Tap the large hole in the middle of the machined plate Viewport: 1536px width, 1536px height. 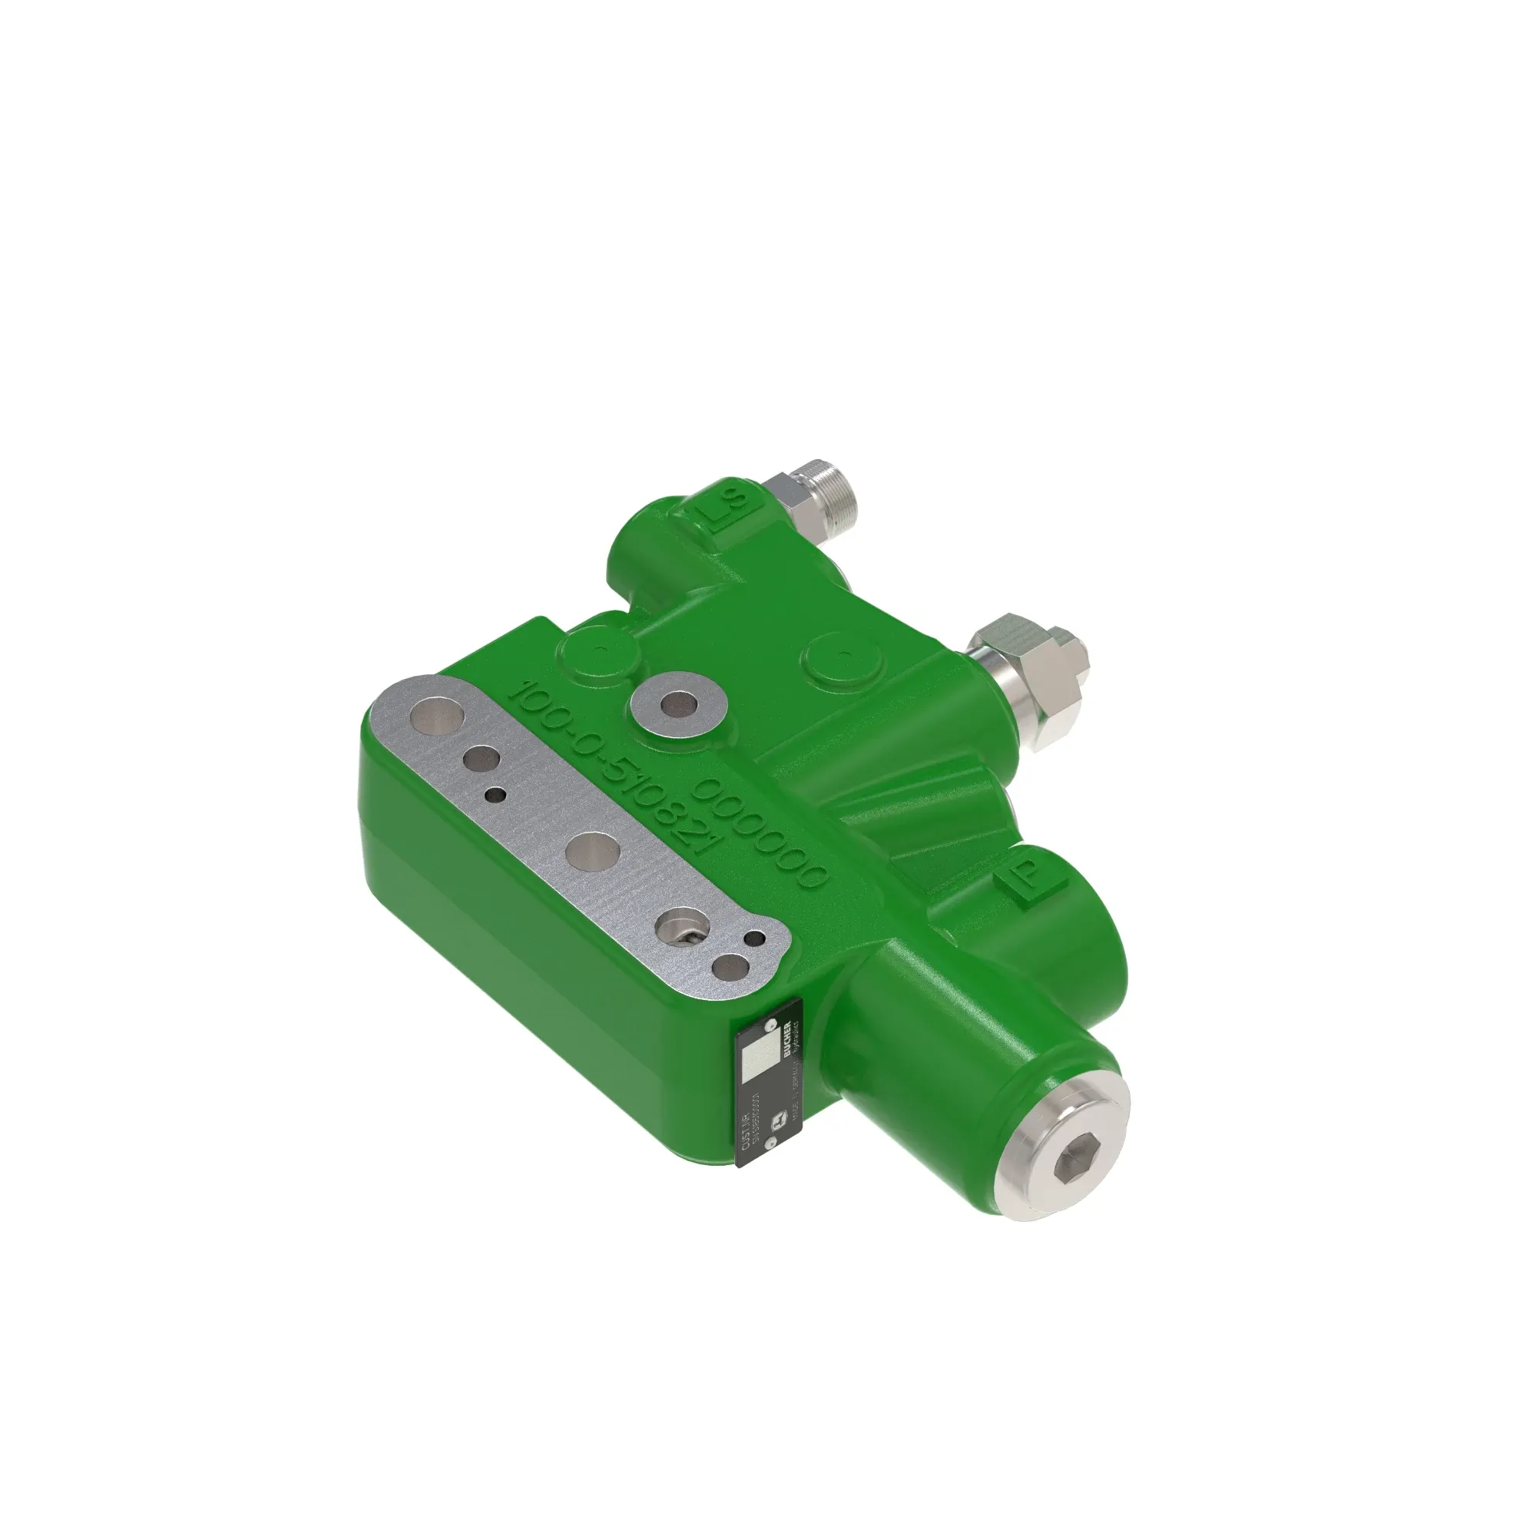[x=593, y=852]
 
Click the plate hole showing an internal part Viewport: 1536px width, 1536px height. [x=684, y=928]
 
